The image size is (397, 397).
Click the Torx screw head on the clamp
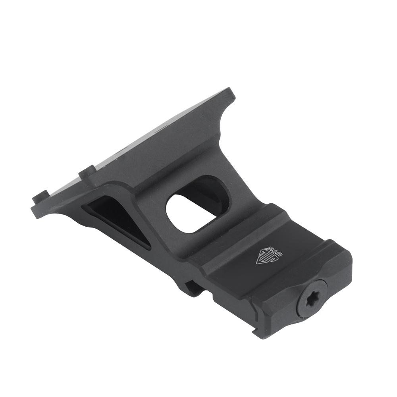click(312, 298)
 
